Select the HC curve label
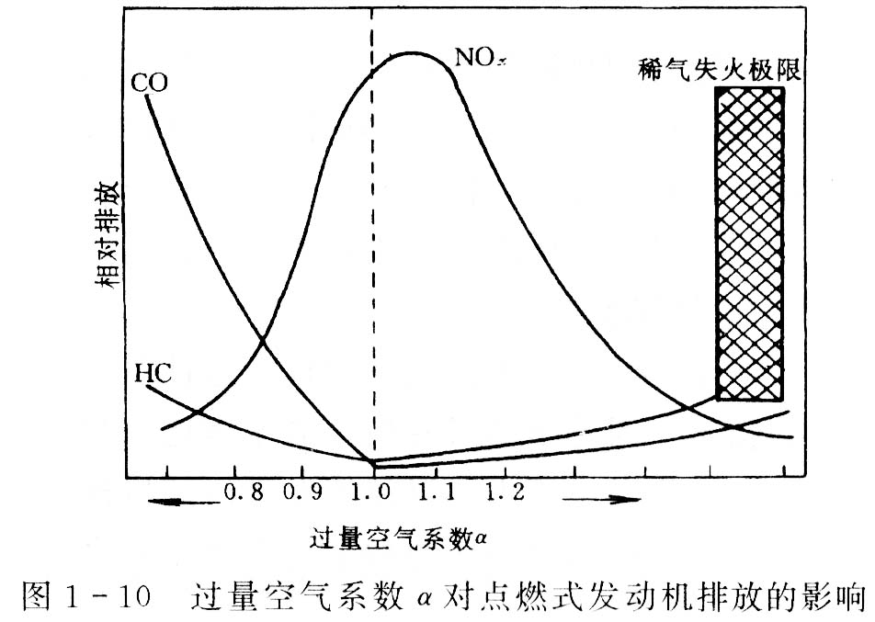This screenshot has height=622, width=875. (152, 375)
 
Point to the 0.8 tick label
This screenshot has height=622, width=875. (243, 492)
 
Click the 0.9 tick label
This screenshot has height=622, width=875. (304, 492)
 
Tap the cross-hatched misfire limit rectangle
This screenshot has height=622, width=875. (750, 243)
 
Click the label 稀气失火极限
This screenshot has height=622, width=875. (720, 69)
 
